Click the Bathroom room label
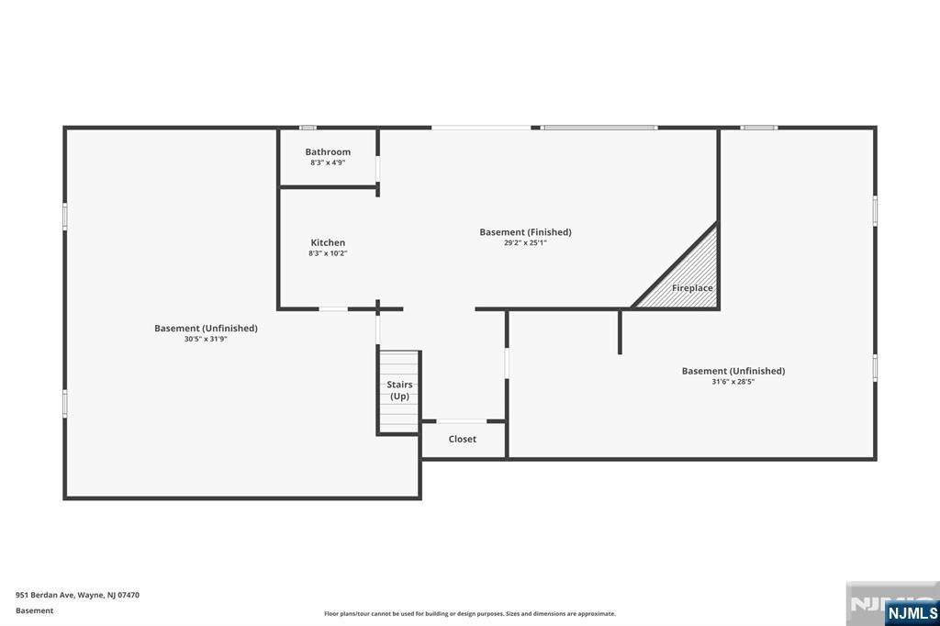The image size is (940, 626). [x=328, y=151]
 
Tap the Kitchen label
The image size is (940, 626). [x=328, y=242]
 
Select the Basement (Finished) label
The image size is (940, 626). [x=525, y=232]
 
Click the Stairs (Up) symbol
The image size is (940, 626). [x=399, y=391]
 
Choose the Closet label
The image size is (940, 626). [x=463, y=439]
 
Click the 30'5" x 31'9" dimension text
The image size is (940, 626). [x=206, y=339]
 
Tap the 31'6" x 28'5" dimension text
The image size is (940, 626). [x=733, y=381]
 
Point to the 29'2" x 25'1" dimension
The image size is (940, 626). [x=525, y=243]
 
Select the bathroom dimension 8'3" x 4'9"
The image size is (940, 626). [x=328, y=162]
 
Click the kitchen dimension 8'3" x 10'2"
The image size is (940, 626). [x=328, y=253]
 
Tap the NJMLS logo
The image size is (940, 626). [x=912, y=612]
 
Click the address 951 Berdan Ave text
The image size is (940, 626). [x=77, y=595]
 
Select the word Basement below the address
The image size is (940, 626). [x=35, y=610]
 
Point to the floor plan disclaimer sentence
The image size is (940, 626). [x=469, y=614]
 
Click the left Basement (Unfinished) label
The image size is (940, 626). [x=206, y=328]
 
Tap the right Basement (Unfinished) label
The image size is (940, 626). [x=733, y=371]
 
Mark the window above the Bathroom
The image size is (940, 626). [x=308, y=127]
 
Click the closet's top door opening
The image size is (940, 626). [x=462, y=421]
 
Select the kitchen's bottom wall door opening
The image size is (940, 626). [x=333, y=309]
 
